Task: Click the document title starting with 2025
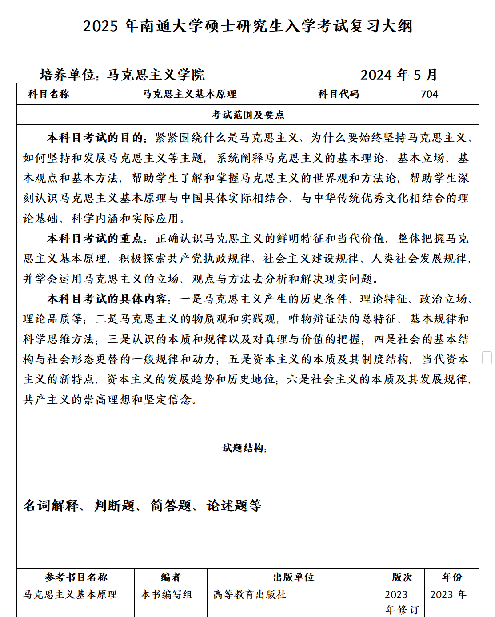point(247,26)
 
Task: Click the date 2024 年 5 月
point(399,75)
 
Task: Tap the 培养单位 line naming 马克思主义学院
point(122,75)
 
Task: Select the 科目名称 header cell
point(48,94)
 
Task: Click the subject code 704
point(429,94)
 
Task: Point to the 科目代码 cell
point(338,94)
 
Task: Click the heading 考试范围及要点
point(247,115)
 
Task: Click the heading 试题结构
point(244,448)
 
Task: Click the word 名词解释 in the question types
point(51,506)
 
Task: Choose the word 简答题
point(171,506)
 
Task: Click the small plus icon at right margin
point(487,358)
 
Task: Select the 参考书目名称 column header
point(76,577)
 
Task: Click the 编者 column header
point(171,577)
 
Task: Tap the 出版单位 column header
point(293,577)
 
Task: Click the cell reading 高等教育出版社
point(250,595)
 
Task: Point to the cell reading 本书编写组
point(167,595)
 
